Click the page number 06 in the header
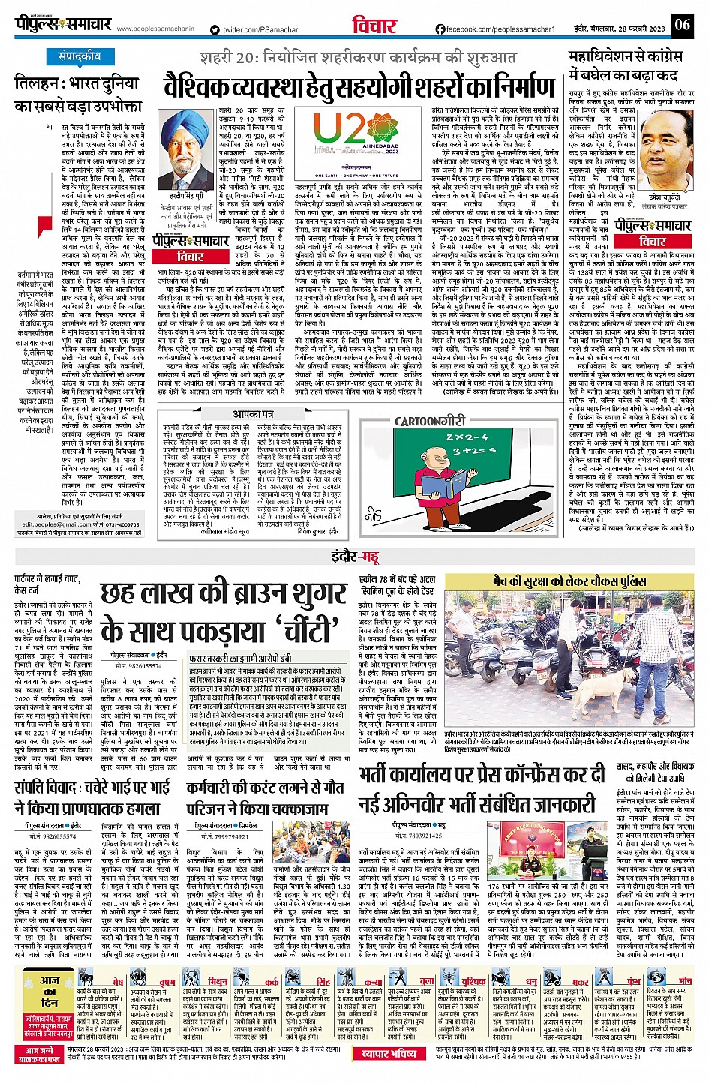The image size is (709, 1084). click(681, 25)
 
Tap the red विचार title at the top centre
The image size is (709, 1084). click(374, 25)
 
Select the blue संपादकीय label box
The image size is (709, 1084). click(80, 57)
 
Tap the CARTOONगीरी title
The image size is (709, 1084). click(430, 422)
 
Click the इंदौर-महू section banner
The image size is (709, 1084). click(355, 556)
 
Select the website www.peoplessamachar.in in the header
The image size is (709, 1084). click(155, 29)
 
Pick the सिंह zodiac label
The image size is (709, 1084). click(323, 981)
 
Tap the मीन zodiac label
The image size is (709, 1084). click(685, 980)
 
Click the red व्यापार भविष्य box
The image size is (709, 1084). click(389, 1053)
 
